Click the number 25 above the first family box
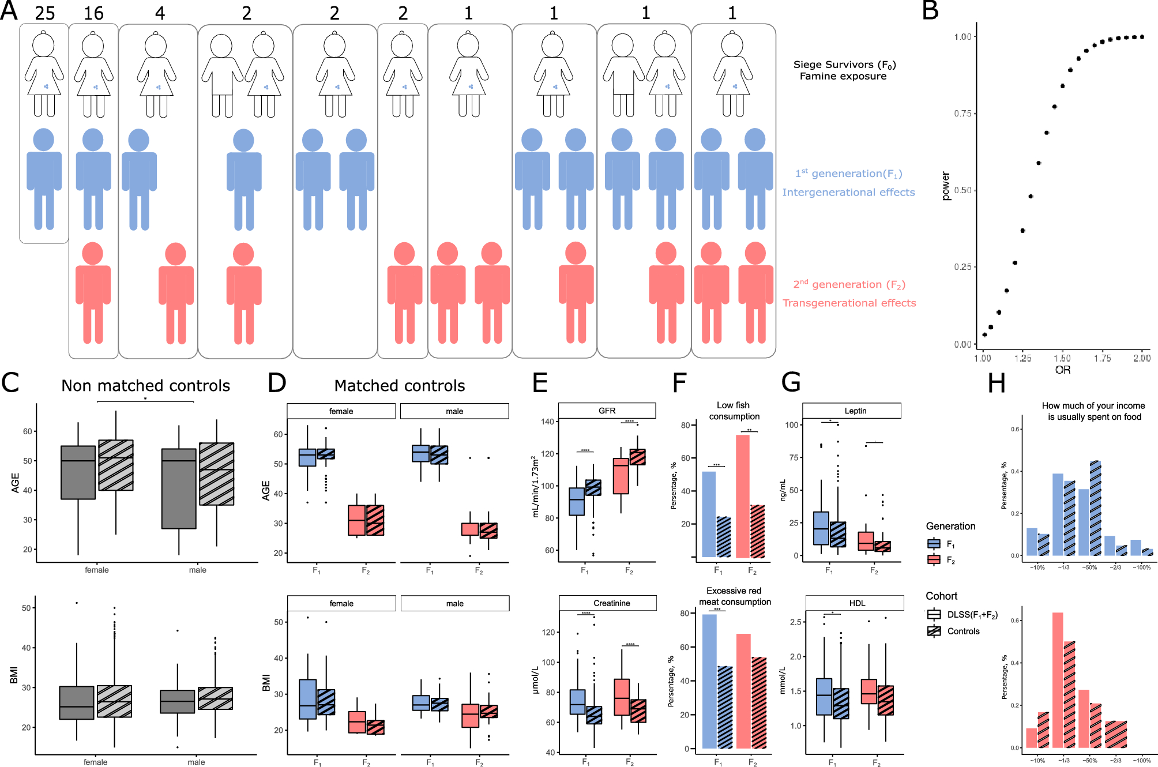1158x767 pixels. [x=44, y=13]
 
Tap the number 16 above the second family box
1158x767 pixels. [x=93, y=13]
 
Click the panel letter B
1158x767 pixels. [x=930, y=12]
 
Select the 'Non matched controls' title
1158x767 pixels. [x=145, y=385]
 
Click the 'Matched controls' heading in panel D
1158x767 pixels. [x=400, y=385]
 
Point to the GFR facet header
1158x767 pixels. [x=607, y=411]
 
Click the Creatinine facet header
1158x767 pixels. [x=611, y=603]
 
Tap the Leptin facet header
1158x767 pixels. [x=855, y=411]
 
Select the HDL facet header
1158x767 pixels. [x=857, y=603]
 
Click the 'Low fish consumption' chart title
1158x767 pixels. [x=734, y=411]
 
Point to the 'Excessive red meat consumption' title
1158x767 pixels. [x=734, y=596]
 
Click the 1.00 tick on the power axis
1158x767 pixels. [x=963, y=37]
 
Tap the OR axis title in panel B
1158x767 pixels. [x=1062, y=370]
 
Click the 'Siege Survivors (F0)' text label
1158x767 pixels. [x=844, y=65]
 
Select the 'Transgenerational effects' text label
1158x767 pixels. [x=849, y=303]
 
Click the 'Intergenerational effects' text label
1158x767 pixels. [x=848, y=192]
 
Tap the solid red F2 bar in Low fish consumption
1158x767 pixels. [x=742, y=496]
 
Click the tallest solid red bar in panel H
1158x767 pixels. [x=1058, y=680]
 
